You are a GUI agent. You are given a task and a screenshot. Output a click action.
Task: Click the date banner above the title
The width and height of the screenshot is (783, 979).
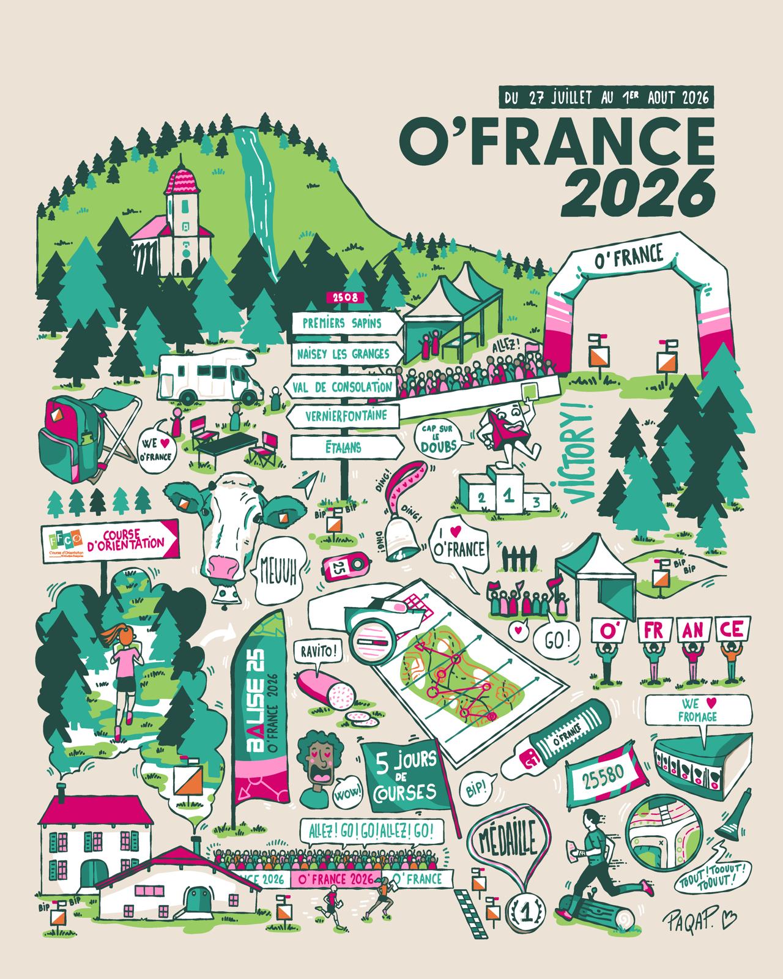coord(606,97)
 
